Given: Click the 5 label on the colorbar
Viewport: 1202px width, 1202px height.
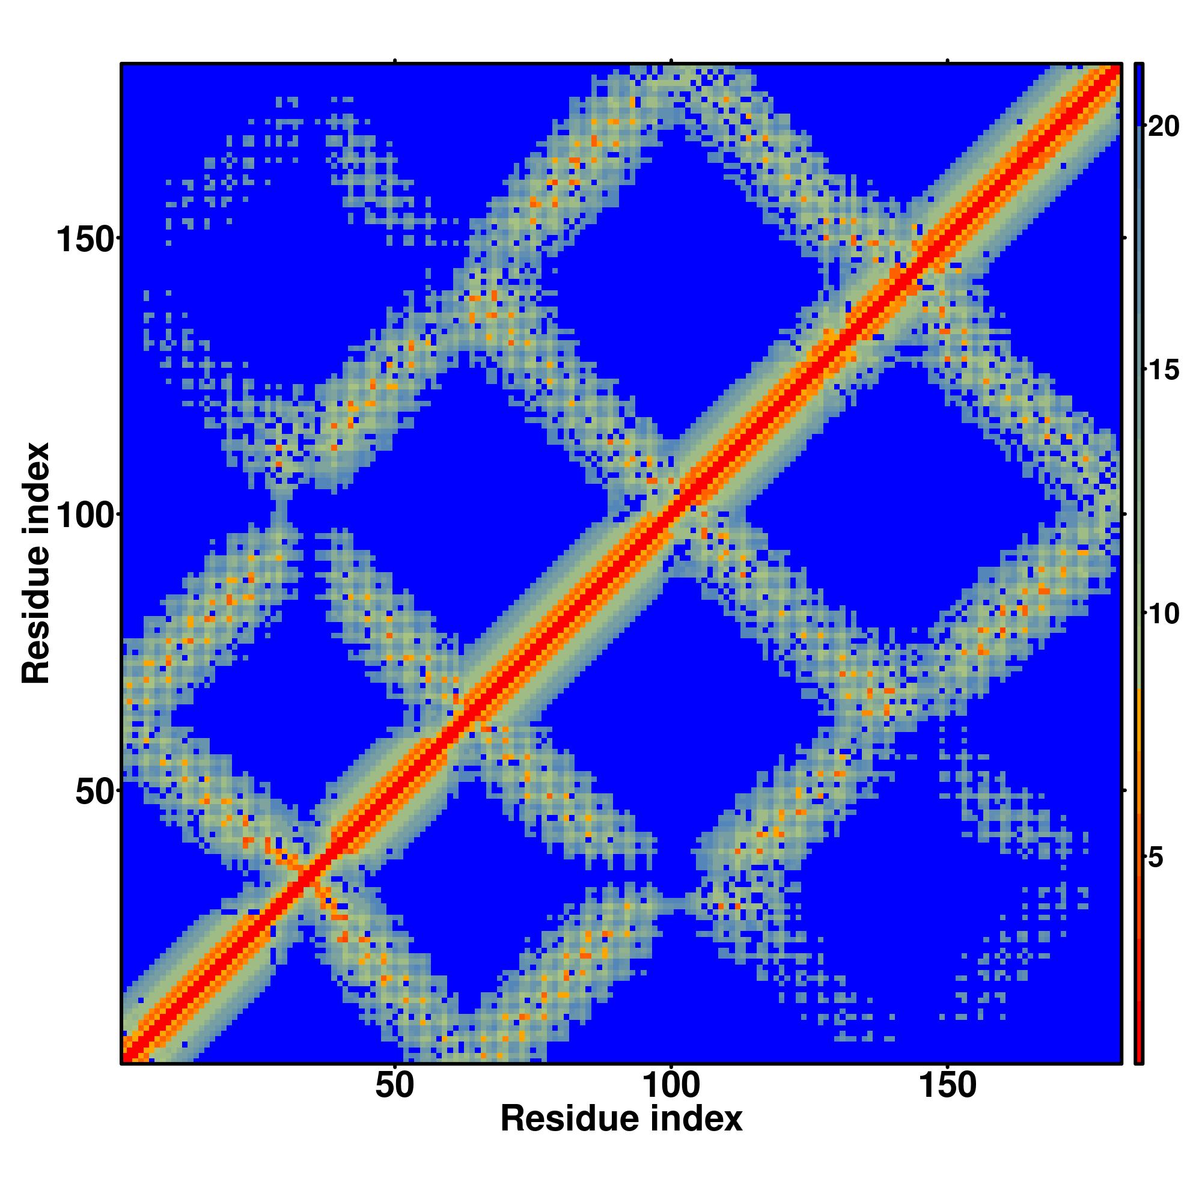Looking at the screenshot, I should coord(1155,858).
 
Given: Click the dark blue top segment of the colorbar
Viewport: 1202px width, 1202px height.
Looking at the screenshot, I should coord(1138,93).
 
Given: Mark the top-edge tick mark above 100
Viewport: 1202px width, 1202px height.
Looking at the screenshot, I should coord(671,61).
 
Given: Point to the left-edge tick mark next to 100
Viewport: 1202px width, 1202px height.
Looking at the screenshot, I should coord(118,514).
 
